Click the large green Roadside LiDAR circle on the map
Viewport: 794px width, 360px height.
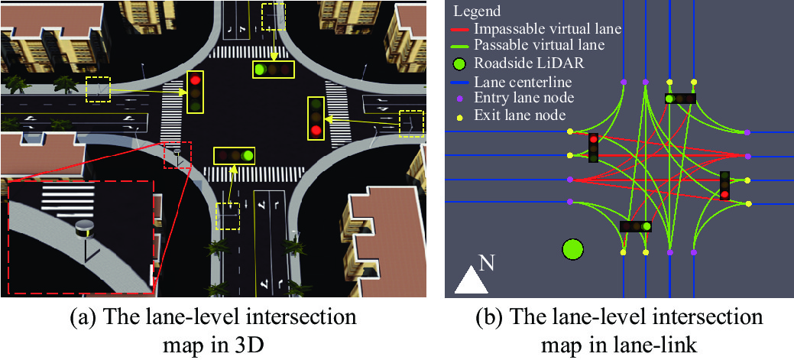[572, 249]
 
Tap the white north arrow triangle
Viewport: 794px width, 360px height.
[471, 281]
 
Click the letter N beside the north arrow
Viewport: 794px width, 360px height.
[487, 264]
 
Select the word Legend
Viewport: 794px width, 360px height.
[477, 11]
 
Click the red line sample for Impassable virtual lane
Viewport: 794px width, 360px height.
[462, 29]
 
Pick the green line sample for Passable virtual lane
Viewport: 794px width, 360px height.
[462, 46]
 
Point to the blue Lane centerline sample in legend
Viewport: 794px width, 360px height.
[462, 82]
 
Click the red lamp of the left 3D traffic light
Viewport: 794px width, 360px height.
[196, 79]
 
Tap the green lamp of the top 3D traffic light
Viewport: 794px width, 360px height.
[261, 70]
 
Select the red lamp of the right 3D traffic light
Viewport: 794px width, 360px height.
[316, 131]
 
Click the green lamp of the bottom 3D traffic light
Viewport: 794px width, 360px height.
[247, 155]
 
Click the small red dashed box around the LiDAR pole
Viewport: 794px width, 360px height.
[178, 155]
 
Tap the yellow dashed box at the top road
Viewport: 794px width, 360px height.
[274, 15]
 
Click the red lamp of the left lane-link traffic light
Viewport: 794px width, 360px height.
[594, 138]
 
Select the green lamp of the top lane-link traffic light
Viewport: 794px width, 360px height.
[669, 99]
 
